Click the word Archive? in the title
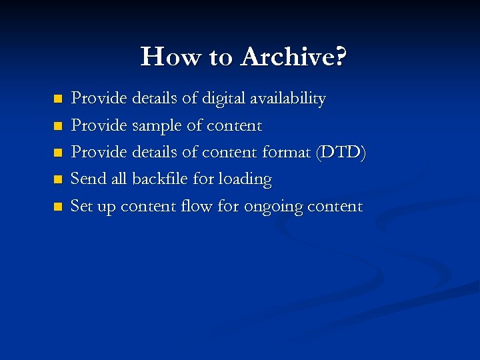293,57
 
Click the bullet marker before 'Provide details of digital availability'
57,99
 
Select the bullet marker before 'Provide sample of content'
57,126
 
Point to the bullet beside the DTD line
57,153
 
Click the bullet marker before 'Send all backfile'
57,179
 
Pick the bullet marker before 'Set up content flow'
57,207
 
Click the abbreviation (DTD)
341,153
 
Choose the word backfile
161,179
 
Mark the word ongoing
273,207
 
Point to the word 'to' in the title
221,58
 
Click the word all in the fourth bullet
119,179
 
